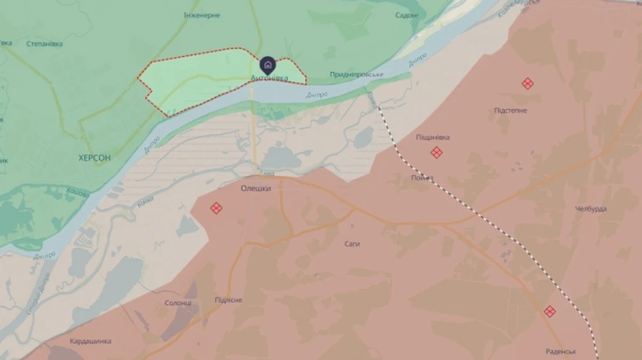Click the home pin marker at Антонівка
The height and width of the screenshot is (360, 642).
coord(267,66)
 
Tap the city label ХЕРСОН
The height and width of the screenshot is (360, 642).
coord(95,158)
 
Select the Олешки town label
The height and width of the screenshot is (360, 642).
coord(256,188)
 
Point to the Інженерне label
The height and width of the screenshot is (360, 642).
coord(202,15)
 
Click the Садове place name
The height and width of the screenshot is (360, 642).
coord(407,15)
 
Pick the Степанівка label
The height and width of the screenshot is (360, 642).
coord(44,43)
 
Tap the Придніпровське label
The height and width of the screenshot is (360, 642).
coord(357,75)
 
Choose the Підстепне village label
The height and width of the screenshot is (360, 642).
coord(511,110)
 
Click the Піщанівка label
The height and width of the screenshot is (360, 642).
coord(433,137)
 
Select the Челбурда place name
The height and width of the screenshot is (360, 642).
coord(591,209)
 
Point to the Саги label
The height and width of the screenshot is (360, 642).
coord(352,244)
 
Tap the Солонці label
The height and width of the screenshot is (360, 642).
coord(178,303)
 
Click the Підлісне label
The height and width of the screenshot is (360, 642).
coord(228,300)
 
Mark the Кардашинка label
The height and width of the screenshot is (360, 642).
coord(91,341)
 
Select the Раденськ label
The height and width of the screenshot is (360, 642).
coord(560,351)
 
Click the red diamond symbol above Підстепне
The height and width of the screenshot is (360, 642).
coord(527,83)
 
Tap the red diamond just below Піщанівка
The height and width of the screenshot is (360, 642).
coord(437,152)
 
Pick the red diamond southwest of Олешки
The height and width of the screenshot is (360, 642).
coord(215,208)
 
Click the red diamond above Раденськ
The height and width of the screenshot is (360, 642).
coord(549,311)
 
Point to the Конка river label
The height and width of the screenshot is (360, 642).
coord(144,205)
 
